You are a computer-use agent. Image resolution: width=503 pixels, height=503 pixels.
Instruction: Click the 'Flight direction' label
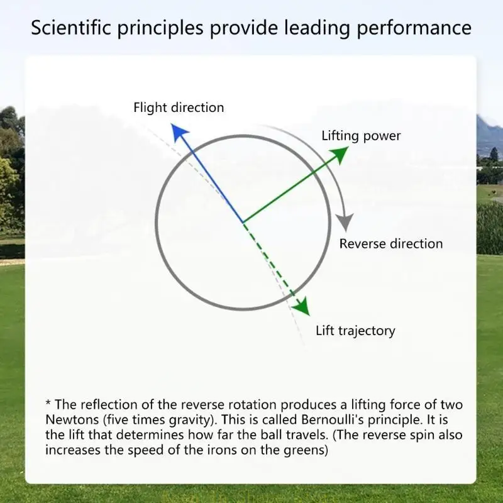point(179,108)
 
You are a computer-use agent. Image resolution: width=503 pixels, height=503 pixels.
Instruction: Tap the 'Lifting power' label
point(361,136)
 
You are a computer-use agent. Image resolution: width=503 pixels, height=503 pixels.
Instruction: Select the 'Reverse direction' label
point(391,244)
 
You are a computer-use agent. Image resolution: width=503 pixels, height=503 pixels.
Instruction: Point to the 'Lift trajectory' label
point(355,331)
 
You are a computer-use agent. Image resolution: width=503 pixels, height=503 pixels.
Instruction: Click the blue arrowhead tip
point(172,124)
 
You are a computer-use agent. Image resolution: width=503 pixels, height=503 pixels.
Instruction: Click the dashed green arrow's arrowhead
point(303,307)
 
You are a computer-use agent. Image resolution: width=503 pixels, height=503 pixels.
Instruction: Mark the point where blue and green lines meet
point(243,222)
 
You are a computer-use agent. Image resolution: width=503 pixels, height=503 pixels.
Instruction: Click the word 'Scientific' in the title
point(71,28)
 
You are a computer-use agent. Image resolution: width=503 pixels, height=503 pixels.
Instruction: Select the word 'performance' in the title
point(414,28)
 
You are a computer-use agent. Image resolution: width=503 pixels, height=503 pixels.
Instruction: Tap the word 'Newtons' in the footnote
point(72,420)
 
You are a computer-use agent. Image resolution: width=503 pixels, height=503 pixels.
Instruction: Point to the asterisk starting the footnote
point(48,402)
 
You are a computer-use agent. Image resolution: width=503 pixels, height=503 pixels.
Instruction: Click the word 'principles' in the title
point(160,28)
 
